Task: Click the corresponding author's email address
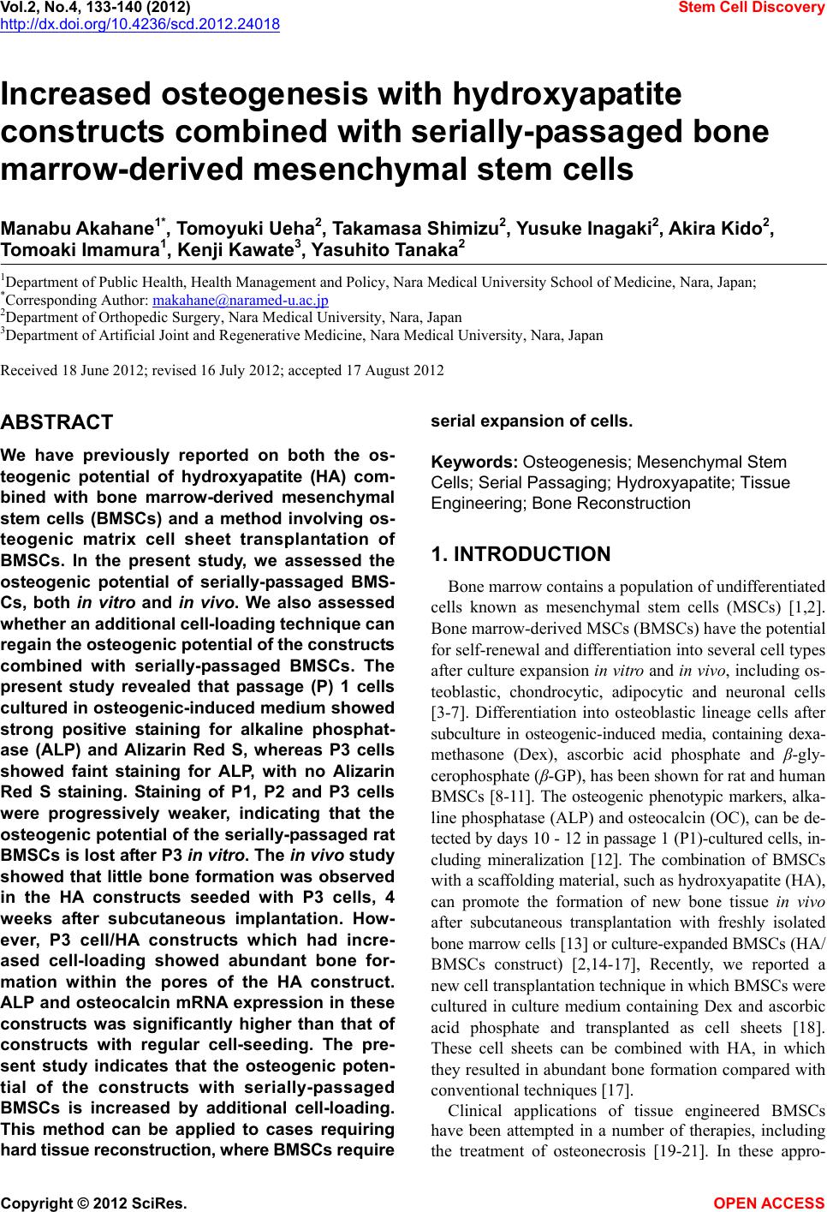coord(239,300)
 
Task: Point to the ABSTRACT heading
coord(57,422)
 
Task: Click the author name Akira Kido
coord(723,229)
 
